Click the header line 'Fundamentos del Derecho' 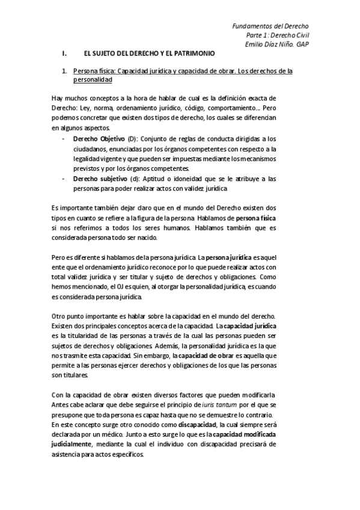click(x=270, y=26)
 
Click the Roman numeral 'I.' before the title click(x=66, y=54)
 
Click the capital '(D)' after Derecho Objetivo click(x=133, y=138)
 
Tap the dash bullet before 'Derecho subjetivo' click(x=64, y=179)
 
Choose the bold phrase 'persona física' click(x=257, y=217)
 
